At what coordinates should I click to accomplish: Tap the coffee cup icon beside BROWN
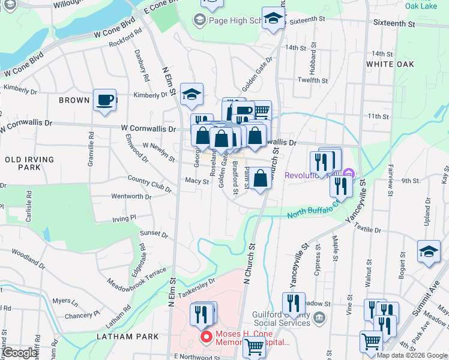click(104, 100)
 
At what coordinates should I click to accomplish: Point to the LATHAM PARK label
click(130, 337)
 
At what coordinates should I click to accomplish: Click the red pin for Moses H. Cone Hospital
click(206, 338)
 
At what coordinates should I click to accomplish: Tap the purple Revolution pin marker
click(348, 175)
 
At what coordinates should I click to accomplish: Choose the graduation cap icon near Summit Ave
click(429, 252)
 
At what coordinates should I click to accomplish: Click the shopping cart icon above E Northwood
click(255, 346)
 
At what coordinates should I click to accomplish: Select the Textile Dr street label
click(368, 230)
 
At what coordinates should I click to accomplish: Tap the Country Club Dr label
click(149, 183)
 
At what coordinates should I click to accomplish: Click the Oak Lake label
click(421, 5)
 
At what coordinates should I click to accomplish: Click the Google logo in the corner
click(20, 353)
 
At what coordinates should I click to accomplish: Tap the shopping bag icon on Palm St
click(261, 179)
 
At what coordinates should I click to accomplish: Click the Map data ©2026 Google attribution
click(412, 355)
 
